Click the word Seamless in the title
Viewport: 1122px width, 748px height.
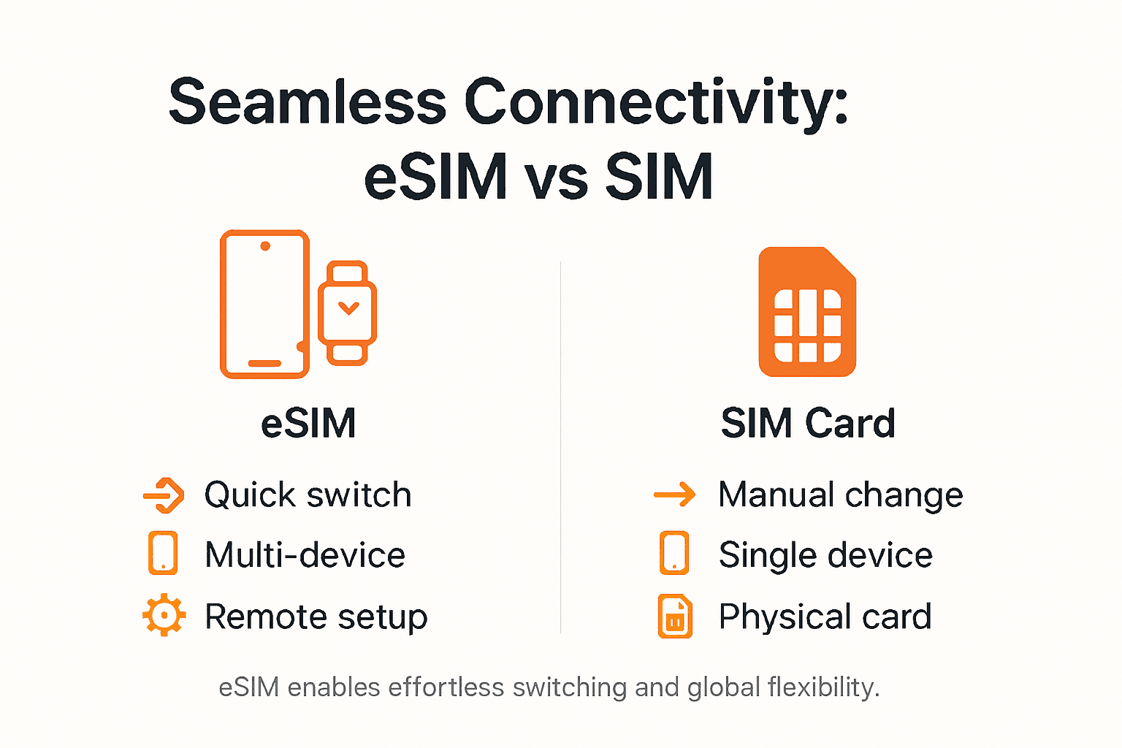pyautogui.click(x=308, y=102)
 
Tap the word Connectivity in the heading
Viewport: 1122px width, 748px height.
pyautogui.click(x=656, y=102)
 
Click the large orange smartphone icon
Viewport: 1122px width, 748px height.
pyautogui.click(x=264, y=304)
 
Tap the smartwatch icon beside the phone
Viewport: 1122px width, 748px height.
pyautogui.click(x=347, y=313)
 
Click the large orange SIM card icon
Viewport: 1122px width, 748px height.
pyautogui.click(x=807, y=313)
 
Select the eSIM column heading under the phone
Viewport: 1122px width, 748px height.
pyautogui.click(x=309, y=423)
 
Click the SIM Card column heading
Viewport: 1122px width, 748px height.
pyautogui.click(x=808, y=423)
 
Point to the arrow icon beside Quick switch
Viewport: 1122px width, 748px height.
pyautogui.click(x=164, y=495)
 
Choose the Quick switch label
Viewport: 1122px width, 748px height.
pyautogui.click(x=308, y=495)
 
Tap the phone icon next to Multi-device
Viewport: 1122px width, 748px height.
pyautogui.click(x=163, y=554)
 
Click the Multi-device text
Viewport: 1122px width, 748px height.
pyautogui.click(x=305, y=555)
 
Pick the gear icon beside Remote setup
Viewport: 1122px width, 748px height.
pyautogui.click(x=164, y=615)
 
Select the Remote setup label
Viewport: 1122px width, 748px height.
pyautogui.click(x=316, y=617)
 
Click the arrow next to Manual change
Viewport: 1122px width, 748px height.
pyautogui.click(x=675, y=495)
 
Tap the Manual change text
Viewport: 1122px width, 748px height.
pyautogui.click(x=841, y=495)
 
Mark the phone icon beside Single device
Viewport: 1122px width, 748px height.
pyautogui.click(x=673, y=554)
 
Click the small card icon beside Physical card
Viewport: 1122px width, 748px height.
pyautogui.click(x=674, y=617)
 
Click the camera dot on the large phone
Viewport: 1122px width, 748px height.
pyautogui.click(x=265, y=246)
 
